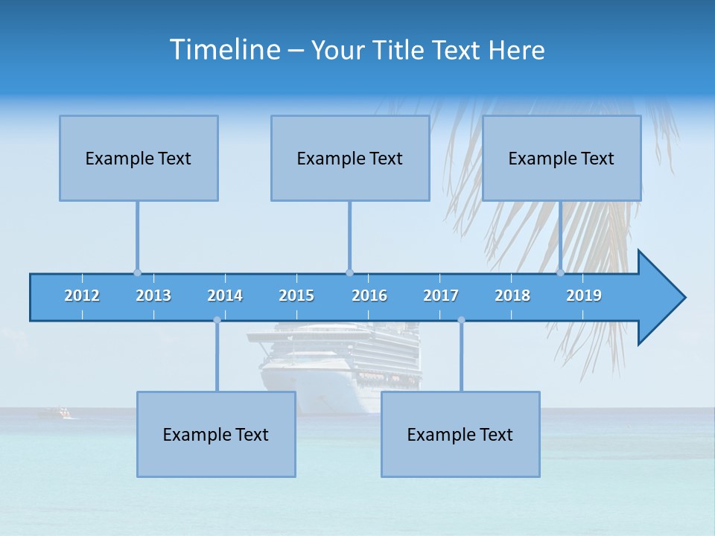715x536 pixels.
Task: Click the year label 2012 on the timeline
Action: tap(82, 296)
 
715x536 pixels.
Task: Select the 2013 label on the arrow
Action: tap(153, 296)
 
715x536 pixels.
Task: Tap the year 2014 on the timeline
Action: tap(225, 296)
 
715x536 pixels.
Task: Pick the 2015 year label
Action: tap(296, 296)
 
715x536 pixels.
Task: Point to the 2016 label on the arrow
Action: tap(369, 296)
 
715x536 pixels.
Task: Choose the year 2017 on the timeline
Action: tap(441, 296)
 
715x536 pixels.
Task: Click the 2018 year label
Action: tap(512, 296)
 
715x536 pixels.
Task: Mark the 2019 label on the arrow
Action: tap(584, 296)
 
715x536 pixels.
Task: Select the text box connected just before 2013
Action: tap(139, 158)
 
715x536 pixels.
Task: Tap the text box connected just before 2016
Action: tap(350, 158)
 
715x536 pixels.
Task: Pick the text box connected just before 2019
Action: tap(562, 158)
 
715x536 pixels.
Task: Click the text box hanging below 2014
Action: tap(216, 434)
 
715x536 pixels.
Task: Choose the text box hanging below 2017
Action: tap(460, 434)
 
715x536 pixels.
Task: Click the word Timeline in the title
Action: tap(223, 49)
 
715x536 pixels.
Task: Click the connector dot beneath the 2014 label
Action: tap(217, 320)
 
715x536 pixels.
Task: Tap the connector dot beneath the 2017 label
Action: tap(461, 320)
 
